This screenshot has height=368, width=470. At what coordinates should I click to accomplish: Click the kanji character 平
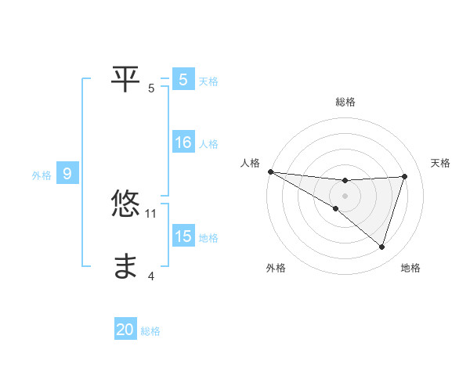126,76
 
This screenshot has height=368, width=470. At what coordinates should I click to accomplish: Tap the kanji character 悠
126,204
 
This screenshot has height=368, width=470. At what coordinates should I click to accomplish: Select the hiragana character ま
126,267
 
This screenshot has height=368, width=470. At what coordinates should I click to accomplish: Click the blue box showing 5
183,80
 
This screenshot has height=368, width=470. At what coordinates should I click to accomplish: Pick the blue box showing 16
183,143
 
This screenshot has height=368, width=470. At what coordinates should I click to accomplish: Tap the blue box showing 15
183,237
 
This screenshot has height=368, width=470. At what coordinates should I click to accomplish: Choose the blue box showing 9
67,175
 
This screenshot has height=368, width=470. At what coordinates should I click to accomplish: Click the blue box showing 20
125,330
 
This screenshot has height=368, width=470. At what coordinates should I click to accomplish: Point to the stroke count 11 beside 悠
151,213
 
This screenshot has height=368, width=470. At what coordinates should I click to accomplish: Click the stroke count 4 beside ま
151,276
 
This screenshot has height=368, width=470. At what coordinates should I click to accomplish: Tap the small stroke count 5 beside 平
151,88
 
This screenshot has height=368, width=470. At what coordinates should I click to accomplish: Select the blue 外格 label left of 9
42,175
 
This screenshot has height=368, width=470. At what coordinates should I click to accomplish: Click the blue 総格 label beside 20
150,331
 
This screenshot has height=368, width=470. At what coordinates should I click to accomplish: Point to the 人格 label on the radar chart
250,163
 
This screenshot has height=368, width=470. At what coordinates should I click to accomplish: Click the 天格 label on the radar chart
441,163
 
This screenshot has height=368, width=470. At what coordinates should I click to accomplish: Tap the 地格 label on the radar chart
410,268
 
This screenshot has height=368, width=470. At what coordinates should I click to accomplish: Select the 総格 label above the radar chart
345,102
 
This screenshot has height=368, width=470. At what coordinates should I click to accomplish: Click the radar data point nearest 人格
270,171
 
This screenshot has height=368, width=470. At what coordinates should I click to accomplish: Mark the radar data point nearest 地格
381,247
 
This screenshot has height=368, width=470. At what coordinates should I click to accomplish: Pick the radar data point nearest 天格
404,176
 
